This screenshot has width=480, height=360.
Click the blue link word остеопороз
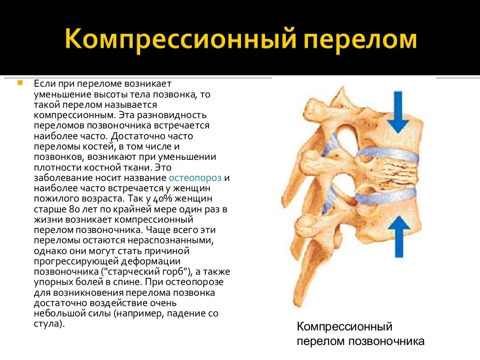195,178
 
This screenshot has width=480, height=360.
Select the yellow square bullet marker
20,82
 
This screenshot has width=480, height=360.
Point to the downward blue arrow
398,112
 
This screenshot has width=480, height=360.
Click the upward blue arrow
398,236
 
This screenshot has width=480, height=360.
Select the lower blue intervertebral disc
386,196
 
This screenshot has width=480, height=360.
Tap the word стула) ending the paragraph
49,324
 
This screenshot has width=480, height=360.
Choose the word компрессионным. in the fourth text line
75,115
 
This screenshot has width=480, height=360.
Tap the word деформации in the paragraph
151,262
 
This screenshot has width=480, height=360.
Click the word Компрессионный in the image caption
345,327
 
